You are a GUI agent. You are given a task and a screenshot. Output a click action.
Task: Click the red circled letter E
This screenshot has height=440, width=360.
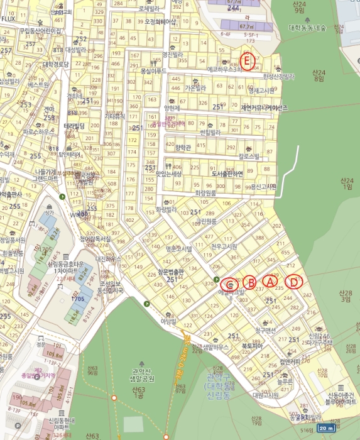coord(248,61)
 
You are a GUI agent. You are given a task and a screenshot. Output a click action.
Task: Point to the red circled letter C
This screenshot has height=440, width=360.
coord(230,283)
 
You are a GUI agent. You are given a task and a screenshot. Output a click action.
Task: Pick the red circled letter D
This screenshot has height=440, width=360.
coord(293,282)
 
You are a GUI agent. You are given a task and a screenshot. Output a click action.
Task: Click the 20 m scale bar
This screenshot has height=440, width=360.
coord(325,428)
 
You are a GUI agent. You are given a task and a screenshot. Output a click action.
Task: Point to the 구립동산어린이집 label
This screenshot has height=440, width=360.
coord(39,30)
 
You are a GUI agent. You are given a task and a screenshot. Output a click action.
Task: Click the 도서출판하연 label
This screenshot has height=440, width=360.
coord(227,174)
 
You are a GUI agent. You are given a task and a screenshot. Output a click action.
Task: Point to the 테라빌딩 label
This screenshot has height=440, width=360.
coord(74,126)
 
